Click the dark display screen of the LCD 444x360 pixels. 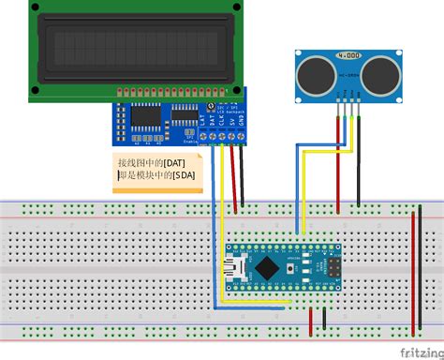pos(130,47)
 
